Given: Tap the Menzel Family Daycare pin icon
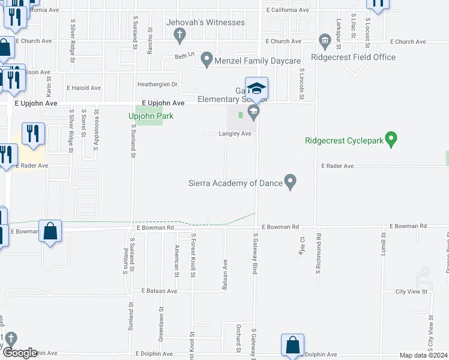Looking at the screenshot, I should (x=207, y=59).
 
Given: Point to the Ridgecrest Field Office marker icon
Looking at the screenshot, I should (x=325, y=41).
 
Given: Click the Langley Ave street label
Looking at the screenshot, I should (x=235, y=134).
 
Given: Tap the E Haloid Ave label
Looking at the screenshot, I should (x=84, y=88).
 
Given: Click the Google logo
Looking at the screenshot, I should (x=20, y=353).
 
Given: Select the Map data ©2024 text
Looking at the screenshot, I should (x=423, y=355).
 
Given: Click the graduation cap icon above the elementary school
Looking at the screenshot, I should (x=256, y=88).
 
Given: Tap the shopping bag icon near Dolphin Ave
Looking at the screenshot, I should (x=292, y=345).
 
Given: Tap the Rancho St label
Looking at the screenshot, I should (x=151, y=38).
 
